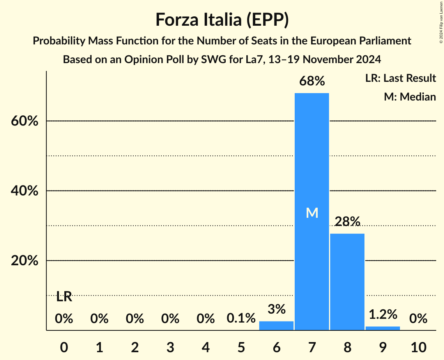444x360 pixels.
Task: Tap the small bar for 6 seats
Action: [276, 326]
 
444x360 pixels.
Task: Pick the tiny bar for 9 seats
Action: [383, 328]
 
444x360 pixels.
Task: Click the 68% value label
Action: [312, 81]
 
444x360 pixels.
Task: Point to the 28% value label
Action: [347, 222]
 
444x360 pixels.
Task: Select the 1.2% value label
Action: [383, 314]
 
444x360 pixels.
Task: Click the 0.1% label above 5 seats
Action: [241, 318]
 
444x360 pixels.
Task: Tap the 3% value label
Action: [276, 309]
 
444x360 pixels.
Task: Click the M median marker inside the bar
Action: [312, 213]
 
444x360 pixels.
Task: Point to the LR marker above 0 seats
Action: [64, 297]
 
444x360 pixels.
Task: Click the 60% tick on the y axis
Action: [25, 121]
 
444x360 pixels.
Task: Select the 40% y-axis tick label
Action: [25, 191]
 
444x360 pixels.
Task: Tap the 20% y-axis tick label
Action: [25, 261]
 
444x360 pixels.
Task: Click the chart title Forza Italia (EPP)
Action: [222, 20]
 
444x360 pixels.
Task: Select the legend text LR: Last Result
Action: [400, 78]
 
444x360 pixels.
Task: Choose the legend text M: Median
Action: [410, 97]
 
